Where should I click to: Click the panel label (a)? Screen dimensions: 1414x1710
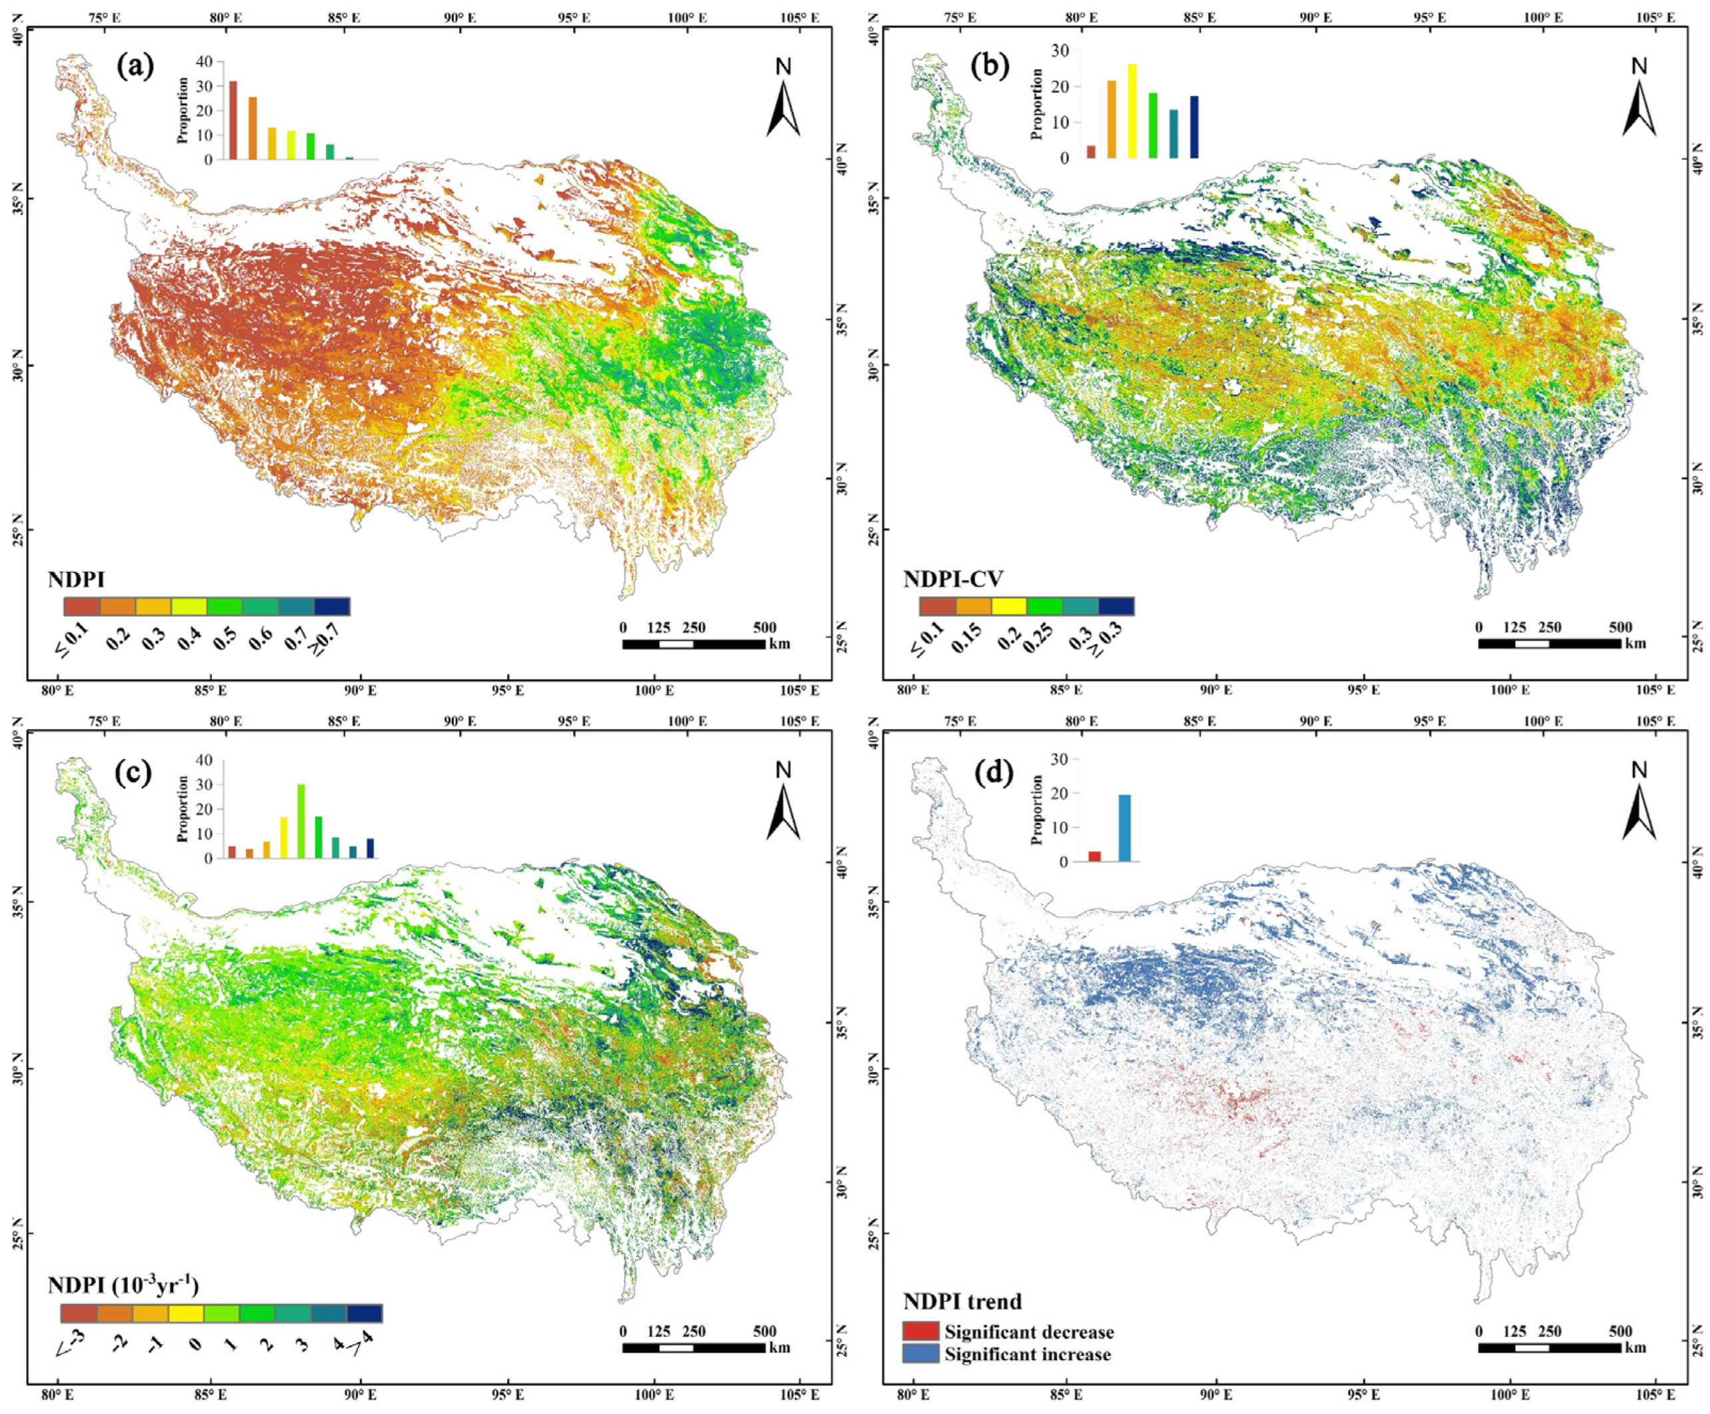(x=135, y=67)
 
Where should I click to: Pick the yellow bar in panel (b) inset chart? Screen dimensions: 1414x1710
(x=1132, y=111)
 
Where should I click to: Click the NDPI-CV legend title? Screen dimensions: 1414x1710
(x=953, y=579)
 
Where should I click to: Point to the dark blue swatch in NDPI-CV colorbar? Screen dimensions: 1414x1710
(x=1116, y=606)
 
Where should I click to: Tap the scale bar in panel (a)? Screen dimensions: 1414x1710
(x=693, y=644)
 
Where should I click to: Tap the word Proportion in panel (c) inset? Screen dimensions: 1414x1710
(x=183, y=808)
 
